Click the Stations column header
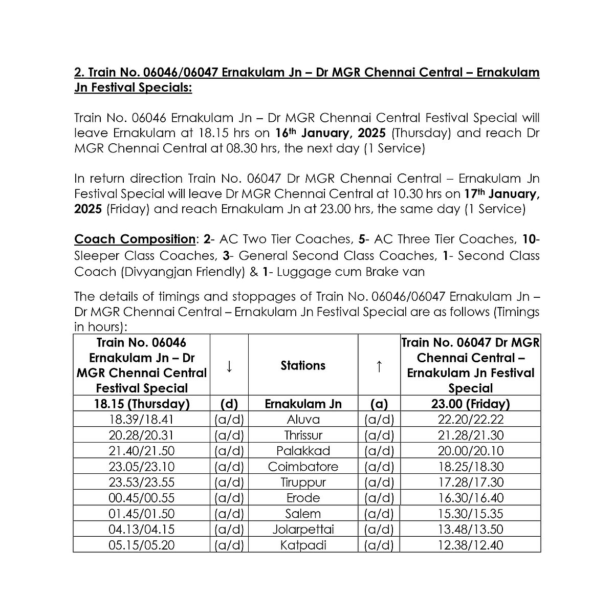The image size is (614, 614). pyautogui.click(x=303, y=365)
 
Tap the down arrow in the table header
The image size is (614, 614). pyautogui.click(x=229, y=365)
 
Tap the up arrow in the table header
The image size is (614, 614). pyautogui.click(x=379, y=365)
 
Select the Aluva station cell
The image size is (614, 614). pyautogui.click(x=303, y=420)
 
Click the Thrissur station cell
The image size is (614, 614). pyautogui.click(x=303, y=435)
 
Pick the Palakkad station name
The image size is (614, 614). pyautogui.click(x=303, y=451)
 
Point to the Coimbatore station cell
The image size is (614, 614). pyautogui.click(x=303, y=467)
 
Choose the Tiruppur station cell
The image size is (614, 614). pyautogui.click(x=303, y=483)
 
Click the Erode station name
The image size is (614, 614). pyautogui.click(x=303, y=498)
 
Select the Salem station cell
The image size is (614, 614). pyautogui.click(x=303, y=514)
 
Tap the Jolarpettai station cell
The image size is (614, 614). pyautogui.click(x=303, y=530)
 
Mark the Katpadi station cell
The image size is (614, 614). pyautogui.click(x=303, y=545)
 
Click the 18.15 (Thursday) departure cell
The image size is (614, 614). pyautogui.click(x=142, y=404)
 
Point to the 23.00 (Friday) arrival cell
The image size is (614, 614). pyautogui.click(x=470, y=404)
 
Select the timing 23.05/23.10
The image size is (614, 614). pyautogui.click(x=142, y=467)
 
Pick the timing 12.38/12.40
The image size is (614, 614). pyautogui.click(x=470, y=545)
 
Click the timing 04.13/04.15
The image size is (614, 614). pyautogui.click(x=142, y=530)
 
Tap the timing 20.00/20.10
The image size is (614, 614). pyautogui.click(x=470, y=451)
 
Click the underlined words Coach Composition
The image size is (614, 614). pyautogui.click(x=135, y=239)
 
